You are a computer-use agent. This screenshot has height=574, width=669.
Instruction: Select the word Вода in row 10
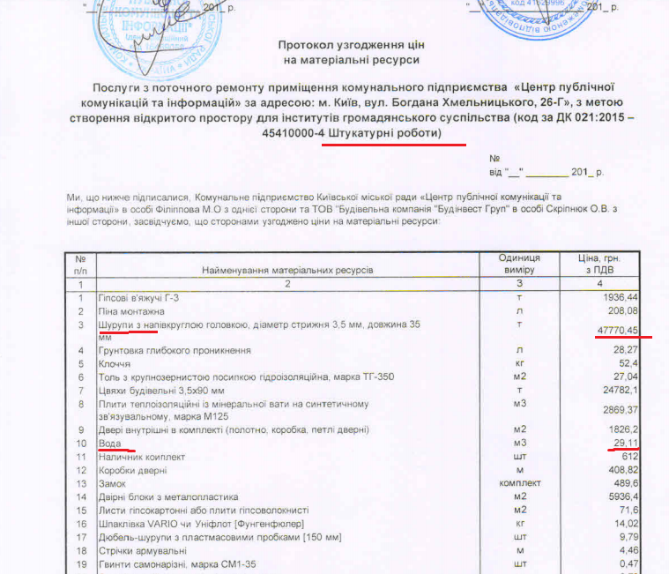click(110, 443)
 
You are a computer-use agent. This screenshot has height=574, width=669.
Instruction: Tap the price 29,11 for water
click(624, 443)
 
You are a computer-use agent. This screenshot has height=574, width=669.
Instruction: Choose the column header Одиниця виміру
click(518, 263)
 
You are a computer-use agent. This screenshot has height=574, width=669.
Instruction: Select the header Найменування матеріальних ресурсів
click(288, 268)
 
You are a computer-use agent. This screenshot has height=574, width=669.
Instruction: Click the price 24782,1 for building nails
click(620, 391)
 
